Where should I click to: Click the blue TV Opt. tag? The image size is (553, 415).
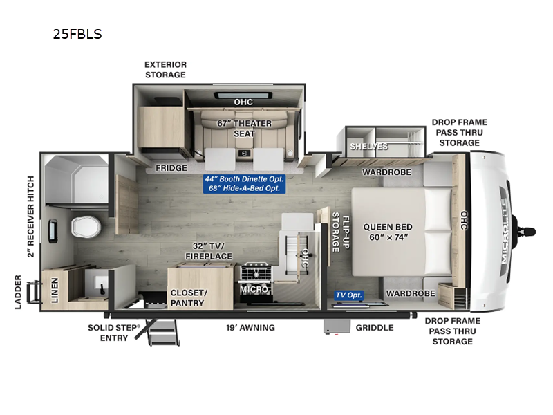click(x=349, y=295)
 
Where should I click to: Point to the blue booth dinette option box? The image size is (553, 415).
click(x=245, y=183)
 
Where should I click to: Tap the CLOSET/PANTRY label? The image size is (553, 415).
click(x=188, y=297)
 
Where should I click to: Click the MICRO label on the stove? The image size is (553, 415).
click(x=254, y=289)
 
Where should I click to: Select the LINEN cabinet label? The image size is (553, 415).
click(x=53, y=291)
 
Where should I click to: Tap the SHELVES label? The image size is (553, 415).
click(x=368, y=147)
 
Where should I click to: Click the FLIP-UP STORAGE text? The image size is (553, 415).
click(x=335, y=232)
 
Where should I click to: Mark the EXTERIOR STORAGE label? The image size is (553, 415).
click(x=165, y=69)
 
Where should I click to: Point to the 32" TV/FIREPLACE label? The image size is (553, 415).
click(x=208, y=251)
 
